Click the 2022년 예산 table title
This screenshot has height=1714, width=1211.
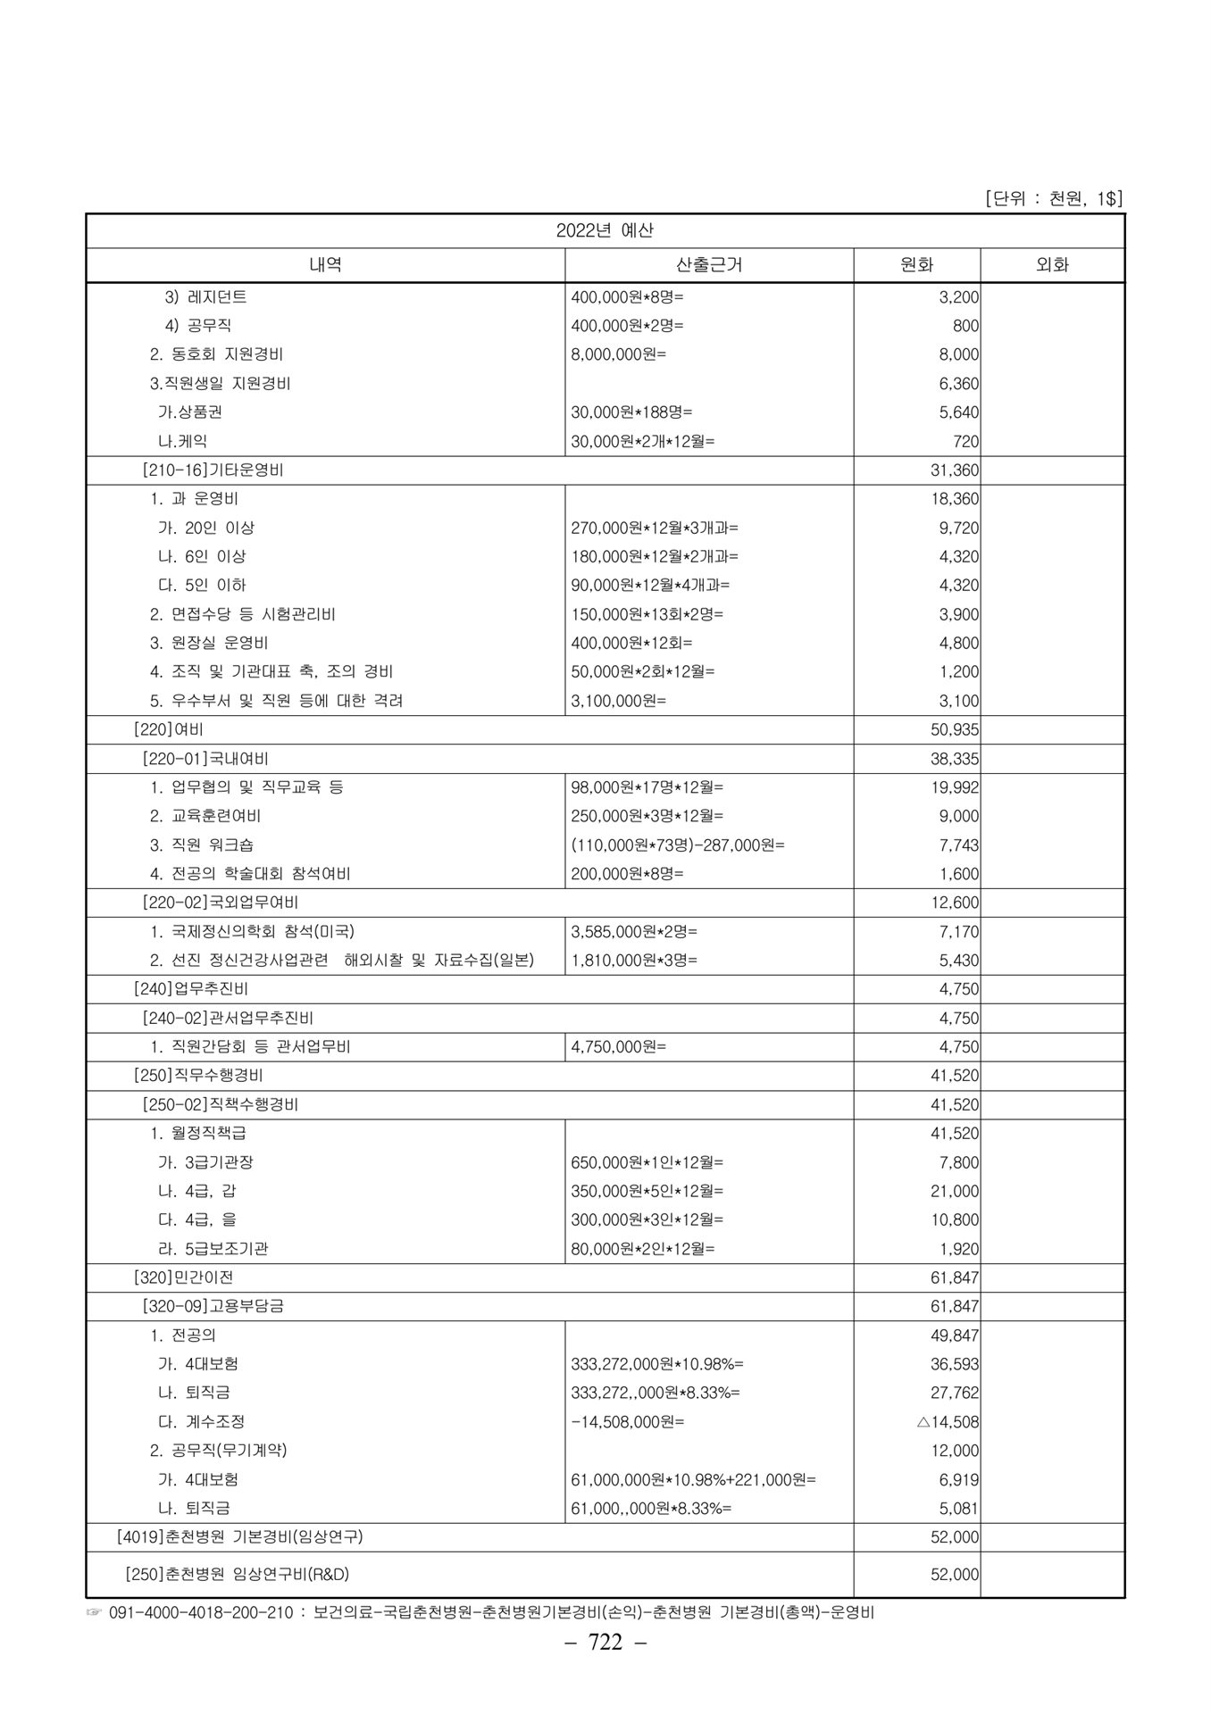(x=605, y=230)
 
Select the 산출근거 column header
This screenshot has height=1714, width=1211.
(x=709, y=264)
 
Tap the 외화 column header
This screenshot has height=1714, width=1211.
(x=1052, y=264)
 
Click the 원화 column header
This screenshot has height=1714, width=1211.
(x=916, y=264)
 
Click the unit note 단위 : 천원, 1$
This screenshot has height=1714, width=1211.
(x=1053, y=198)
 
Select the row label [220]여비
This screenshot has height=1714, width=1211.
(x=168, y=729)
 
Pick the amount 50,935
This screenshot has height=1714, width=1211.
(x=954, y=729)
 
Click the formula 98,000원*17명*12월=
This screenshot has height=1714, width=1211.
(x=647, y=787)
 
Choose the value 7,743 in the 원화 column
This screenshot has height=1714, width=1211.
(x=958, y=845)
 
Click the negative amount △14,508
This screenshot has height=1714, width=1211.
(x=948, y=1421)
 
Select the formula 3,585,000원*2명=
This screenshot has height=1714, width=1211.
(x=634, y=931)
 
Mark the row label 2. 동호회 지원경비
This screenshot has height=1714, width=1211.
(x=216, y=354)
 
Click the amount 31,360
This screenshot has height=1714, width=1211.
(x=954, y=470)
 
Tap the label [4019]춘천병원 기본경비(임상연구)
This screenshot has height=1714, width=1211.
(x=239, y=1537)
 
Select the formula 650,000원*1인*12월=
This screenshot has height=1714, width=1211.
(x=647, y=1162)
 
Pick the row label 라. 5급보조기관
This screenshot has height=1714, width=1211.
(x=213, y=1249)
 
